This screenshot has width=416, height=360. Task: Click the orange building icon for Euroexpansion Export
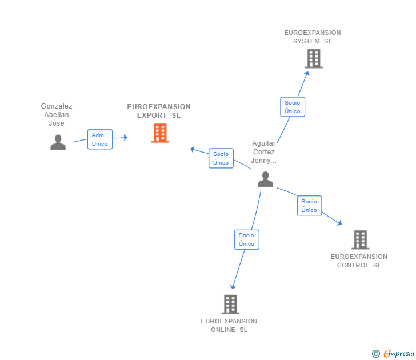[160, 133]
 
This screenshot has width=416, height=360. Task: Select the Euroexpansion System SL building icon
[314, 58]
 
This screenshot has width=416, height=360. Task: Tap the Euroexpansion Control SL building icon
[360, 239]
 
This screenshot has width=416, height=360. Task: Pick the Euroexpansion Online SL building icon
[230, 305]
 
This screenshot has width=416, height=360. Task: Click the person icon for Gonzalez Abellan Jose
[58, 142]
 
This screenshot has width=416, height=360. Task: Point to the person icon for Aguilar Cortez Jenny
[265, 179]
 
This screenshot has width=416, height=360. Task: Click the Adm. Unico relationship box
[100, 139]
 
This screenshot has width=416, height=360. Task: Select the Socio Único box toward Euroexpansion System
[293, 107]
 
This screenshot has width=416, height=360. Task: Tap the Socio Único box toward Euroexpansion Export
[221, 158]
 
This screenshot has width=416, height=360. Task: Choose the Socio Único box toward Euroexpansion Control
[309, 206]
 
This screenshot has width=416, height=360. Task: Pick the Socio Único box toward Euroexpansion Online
[247, 239]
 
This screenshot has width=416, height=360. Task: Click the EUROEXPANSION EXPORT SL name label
[159, 111]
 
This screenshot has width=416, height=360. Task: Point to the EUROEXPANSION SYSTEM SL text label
[313, 37]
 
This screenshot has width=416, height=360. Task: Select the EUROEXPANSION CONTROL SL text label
[359, 261]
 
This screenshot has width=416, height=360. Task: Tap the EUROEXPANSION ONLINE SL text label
[229, 326]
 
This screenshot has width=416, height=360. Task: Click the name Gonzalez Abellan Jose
[57, 115]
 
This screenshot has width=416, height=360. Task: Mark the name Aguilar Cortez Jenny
[264, 152]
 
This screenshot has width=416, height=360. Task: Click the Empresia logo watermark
[393, 353]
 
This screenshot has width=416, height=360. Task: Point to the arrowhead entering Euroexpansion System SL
[307, 74]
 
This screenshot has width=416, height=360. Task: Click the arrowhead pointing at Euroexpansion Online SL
[233, 287]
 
